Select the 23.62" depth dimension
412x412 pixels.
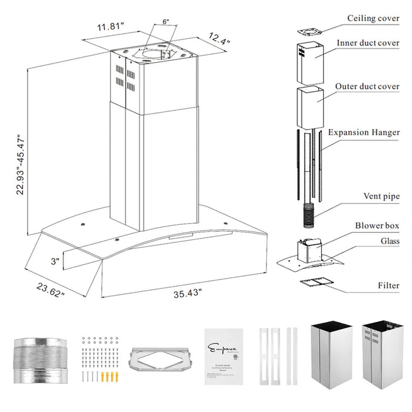49,290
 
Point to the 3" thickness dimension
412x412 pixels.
55,260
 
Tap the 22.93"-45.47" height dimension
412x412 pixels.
22,164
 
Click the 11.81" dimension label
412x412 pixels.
111,26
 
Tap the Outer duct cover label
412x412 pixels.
367,87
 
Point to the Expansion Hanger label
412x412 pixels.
364,132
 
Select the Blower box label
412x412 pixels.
377,225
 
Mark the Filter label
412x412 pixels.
388,285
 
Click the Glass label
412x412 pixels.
390,241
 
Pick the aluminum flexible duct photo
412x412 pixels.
39,359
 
